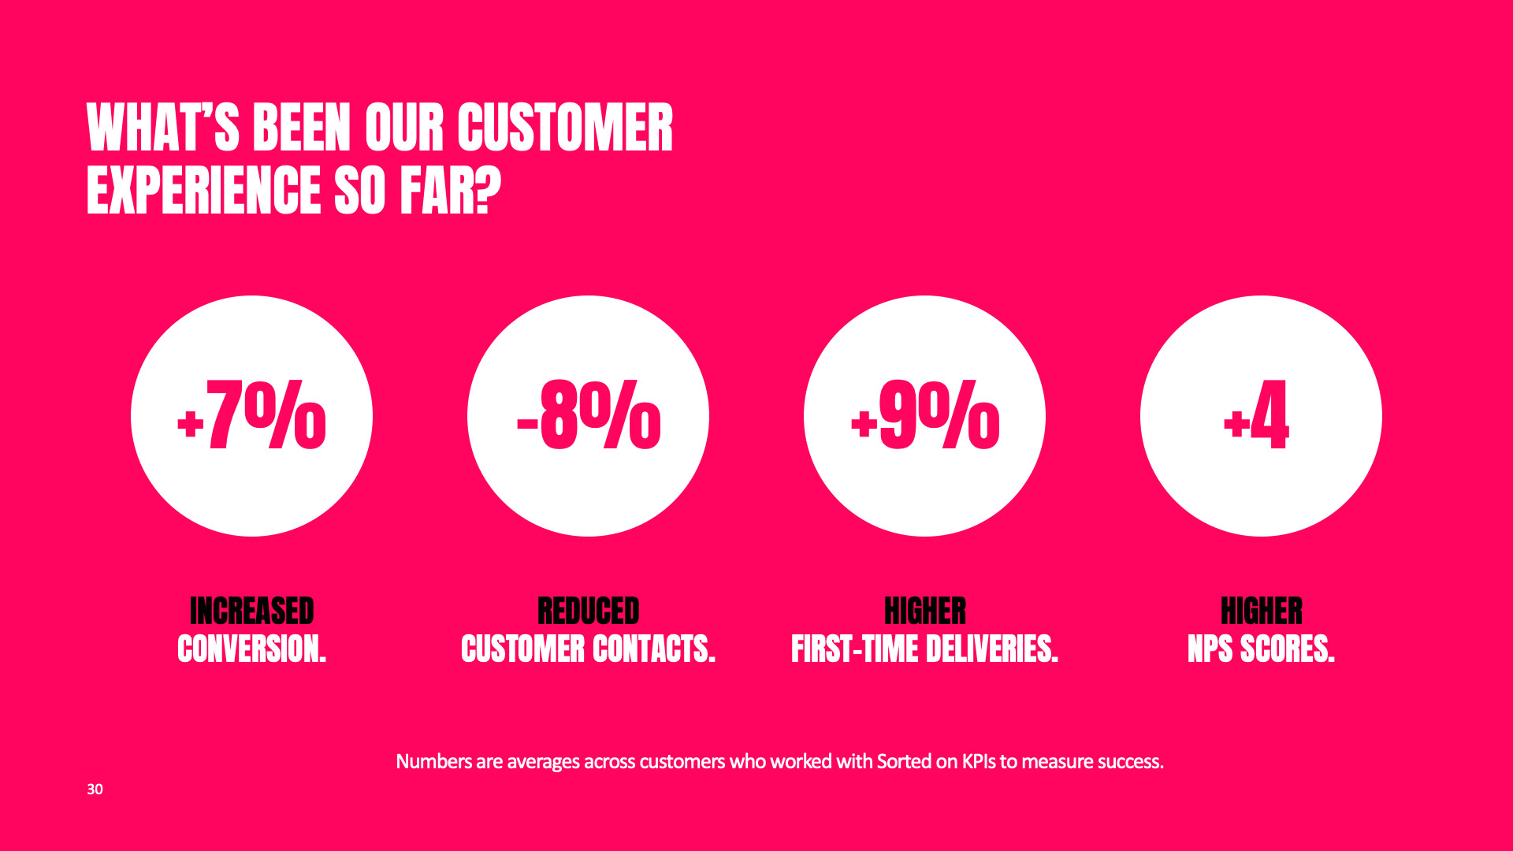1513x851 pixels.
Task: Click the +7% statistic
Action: coord(251,415)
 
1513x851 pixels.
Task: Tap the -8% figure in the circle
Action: coord(589,415)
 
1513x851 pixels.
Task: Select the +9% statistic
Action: coord(925,415)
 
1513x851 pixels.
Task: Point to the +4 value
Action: coord(1257,415)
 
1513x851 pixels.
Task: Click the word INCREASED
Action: coord(252,611)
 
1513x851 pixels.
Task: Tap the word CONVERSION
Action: coord(252,649)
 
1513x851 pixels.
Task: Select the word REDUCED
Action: coord(589,611)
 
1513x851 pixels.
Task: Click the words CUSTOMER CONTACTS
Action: coord(589,649)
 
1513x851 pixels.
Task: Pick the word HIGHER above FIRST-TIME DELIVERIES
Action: coord(925,611)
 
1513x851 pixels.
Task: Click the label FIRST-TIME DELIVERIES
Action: coord(925,649)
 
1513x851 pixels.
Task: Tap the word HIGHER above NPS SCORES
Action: coord(1262,611)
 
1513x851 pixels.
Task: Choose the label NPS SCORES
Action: coord(1262,649)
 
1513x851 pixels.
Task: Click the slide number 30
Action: coord(95,790)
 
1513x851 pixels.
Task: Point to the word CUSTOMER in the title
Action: coord(565,127)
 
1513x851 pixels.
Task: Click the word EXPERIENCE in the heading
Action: coord(204,190)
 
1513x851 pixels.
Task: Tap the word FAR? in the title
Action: coord(451,190)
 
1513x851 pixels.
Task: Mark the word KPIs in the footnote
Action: coord(979,762)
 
